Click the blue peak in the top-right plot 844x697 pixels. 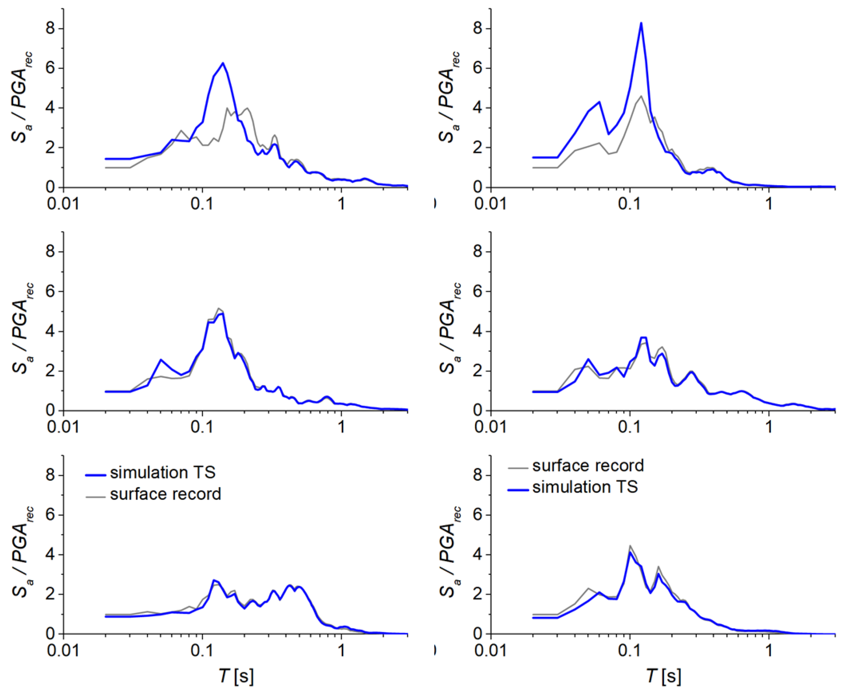[641, 23]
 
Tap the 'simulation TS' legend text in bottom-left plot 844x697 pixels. [162, 473]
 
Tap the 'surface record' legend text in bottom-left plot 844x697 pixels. [165, 494]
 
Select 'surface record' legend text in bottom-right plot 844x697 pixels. [588, 466]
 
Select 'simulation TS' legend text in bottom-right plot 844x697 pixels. [585, 487]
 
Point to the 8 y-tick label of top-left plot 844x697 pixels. [51, 29]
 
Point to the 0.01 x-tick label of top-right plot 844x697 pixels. [490, 204]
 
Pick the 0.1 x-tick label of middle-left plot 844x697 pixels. [202, 427]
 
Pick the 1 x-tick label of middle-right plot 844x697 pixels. [769, 427]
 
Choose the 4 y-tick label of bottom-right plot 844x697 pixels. [477, 554]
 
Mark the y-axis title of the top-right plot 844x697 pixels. [449, 98]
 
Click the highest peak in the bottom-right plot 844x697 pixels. [630, 546]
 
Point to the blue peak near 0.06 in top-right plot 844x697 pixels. [599, 102]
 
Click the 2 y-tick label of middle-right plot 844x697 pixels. [477, 371]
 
